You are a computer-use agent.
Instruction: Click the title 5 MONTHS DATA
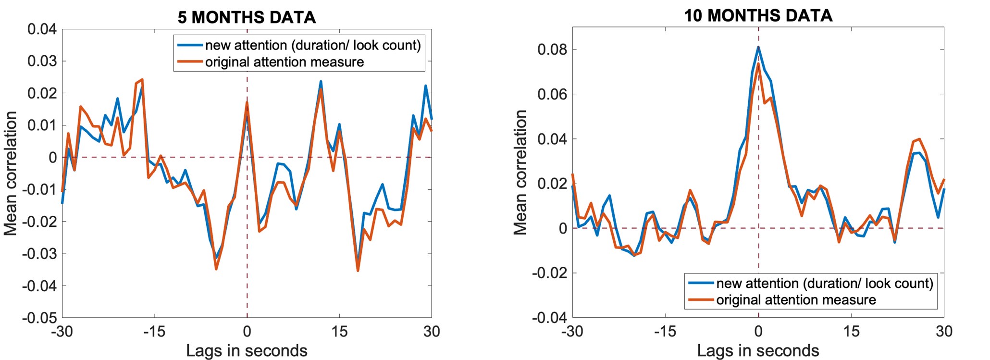(247, 17)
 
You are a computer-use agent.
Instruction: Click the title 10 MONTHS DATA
(758, 15)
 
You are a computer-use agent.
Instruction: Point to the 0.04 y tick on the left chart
(42, 29)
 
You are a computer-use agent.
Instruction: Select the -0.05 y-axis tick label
(39, 318)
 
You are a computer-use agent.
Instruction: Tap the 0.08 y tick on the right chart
(552, 50)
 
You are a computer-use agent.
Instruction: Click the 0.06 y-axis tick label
(552, 94)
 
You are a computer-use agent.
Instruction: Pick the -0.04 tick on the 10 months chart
(549, 317)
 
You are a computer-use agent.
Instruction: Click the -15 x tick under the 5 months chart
(154, 331)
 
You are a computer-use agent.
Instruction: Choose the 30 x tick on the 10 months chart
(944, 331)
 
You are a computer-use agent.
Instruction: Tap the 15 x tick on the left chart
(339, 331)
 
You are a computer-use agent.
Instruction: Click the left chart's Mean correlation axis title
(11, 173)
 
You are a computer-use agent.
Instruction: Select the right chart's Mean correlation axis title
(520, 172)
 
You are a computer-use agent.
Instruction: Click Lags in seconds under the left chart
(247, 350)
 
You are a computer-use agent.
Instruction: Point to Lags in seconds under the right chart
(758, 350)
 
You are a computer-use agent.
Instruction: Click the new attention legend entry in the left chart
(312, 45)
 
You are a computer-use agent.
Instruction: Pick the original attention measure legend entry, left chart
(285, 62)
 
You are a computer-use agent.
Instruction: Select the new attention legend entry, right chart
(824, 283)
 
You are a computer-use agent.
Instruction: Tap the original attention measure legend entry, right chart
(796, 300)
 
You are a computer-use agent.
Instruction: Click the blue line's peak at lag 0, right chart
(758, 47)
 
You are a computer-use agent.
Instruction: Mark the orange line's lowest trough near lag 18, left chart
(358, 271)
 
